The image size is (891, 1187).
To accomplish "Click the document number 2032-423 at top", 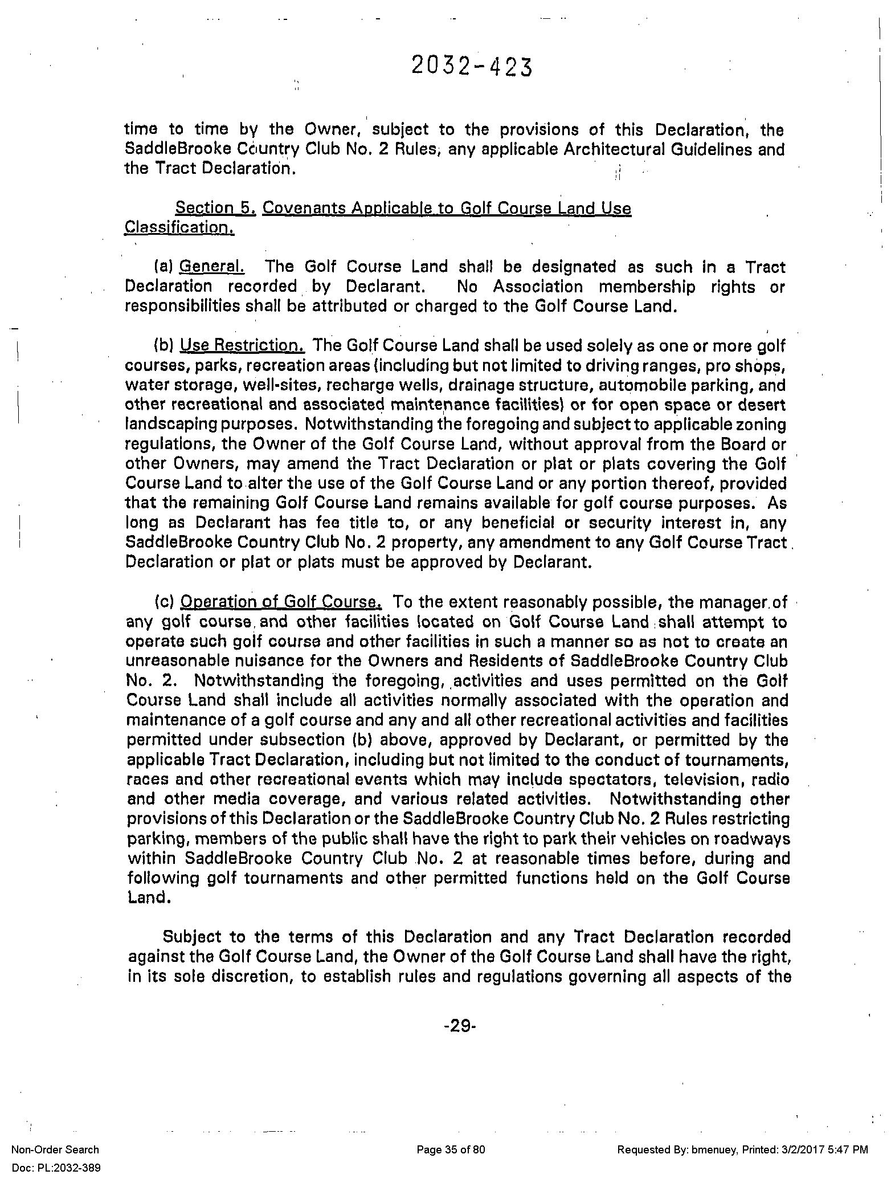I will click(x=472, y=67).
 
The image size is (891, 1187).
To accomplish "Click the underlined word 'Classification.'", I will click(x=179, y=228).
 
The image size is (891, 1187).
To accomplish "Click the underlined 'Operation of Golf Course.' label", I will click(x=281, y=602).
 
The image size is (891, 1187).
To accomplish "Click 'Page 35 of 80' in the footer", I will click(x=451, y=1149).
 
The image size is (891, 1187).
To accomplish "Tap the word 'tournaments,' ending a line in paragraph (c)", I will click(x=745, y=760).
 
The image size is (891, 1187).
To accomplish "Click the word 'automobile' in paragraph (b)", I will click(x=572, y=385).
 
